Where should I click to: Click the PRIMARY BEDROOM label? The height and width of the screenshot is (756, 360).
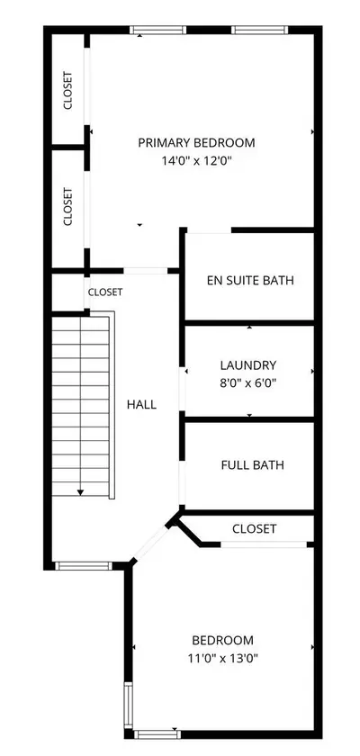pyautogui.click(x=196, y=143)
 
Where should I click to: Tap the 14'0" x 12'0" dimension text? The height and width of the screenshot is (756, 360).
pyautogui.click(x=196, y=161)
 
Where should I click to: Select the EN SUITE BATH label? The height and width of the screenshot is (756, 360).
pyautogui.click(x=250, y=280)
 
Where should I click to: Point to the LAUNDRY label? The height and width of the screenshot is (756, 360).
pyautogui.click(x=248, y=365)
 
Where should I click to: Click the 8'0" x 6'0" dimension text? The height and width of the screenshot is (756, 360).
pyautogui.click(x=248, y=382)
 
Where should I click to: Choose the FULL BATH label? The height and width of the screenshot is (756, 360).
pyautogui.click(x=253, y=465)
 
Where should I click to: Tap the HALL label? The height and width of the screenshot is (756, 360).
pyautogui.click(x=141, y=404)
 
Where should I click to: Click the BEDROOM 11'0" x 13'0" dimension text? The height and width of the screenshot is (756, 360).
pyautogui.click(x=222, y=658)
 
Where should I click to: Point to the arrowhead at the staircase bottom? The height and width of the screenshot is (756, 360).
pyautogui.click(x=80, y=492)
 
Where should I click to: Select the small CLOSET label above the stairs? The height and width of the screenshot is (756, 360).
pyautogui.click(x=105, y=292)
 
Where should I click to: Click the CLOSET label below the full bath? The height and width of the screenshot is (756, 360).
pyautogui.click(x=254, y=529)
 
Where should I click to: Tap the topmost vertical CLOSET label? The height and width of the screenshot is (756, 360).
pyautogui.click(x=68, y=90)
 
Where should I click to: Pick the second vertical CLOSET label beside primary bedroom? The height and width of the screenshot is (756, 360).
pyautogui.click(x=68, y=207)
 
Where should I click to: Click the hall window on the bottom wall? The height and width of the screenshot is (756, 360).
pyautogui.click(x=84, y=566)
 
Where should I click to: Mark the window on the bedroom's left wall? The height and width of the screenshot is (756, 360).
pyautogui.click(x=128, y=706)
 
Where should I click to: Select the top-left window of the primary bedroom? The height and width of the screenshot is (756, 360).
pyautogui.click(x=158, y=30)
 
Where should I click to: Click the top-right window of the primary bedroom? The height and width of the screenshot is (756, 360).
pyautogui.click(x=260, y=30)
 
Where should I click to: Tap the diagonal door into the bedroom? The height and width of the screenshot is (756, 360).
pyautogui.click(x=150, y=544)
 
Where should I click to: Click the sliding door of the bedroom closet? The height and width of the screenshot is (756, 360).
pyautogui.click(x=264, y=544)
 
